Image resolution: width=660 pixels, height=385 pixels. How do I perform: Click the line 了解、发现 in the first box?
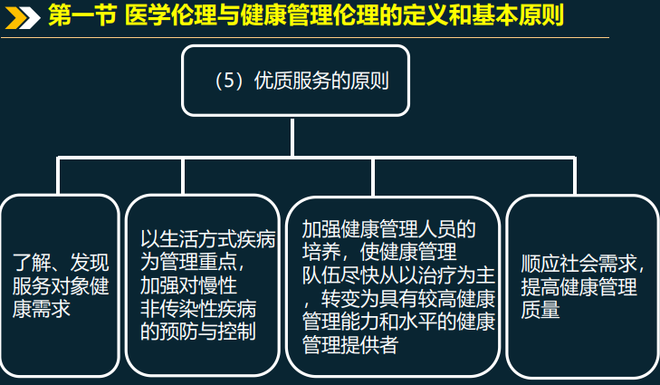coord(61,264)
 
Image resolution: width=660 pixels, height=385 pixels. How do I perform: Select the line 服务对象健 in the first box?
coord(61,286)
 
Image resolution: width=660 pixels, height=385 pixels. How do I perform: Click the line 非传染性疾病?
coord(198,308)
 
